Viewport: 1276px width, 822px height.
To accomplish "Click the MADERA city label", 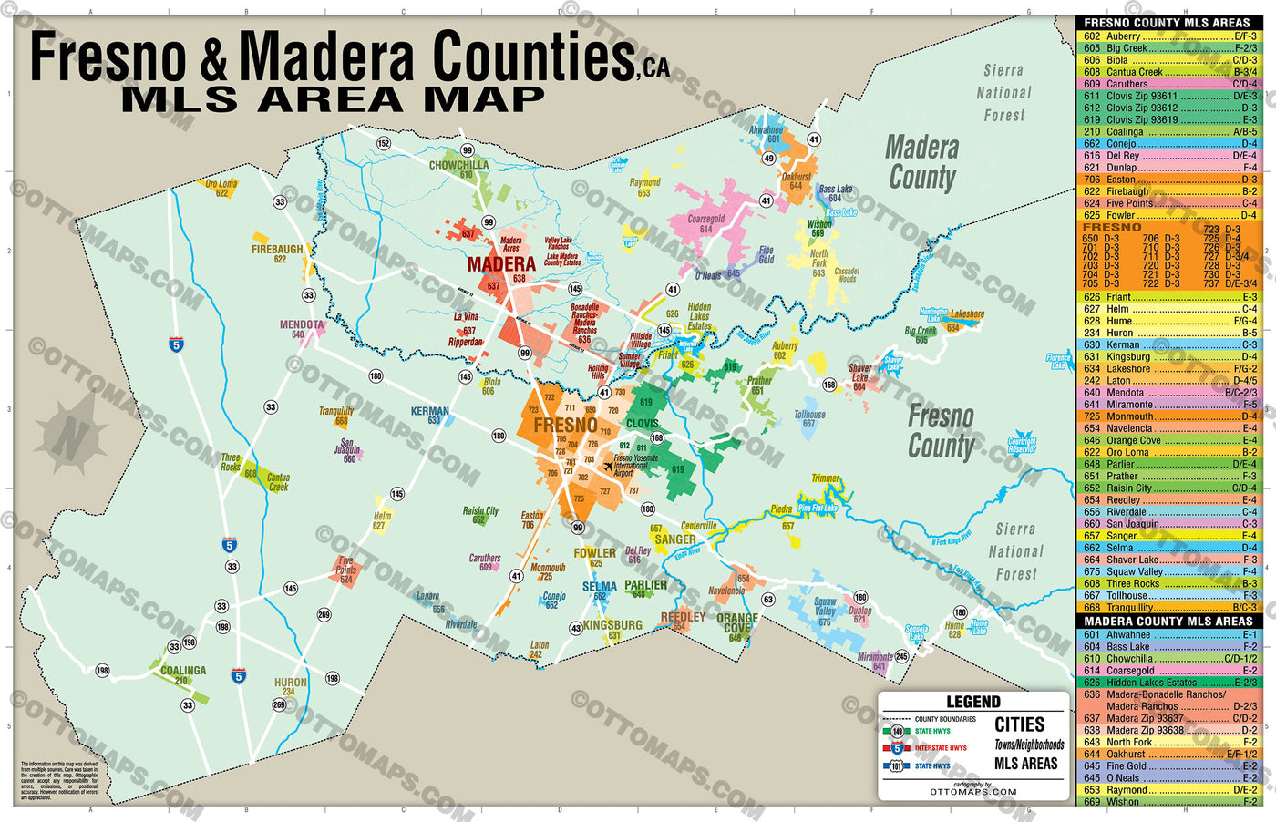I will [500, 264].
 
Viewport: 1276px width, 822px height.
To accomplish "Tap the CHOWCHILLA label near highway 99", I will [458, 166].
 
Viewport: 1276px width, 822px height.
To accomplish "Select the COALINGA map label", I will [183, 671].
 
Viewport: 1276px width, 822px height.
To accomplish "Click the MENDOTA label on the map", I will [301, 325].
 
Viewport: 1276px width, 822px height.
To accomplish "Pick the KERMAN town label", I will [429, 412].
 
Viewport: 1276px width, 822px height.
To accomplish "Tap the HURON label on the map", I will [291, 683].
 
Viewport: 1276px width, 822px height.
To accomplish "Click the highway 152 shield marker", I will [384, 143].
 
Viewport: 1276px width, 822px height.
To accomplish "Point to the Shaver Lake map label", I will [859, 374].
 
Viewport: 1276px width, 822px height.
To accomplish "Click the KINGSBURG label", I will [612, 625].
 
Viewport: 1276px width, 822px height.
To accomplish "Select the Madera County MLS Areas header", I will [1168, 622].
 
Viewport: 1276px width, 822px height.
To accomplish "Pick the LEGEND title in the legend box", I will [972, 703].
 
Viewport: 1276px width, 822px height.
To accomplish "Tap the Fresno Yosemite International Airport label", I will [635, 466].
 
